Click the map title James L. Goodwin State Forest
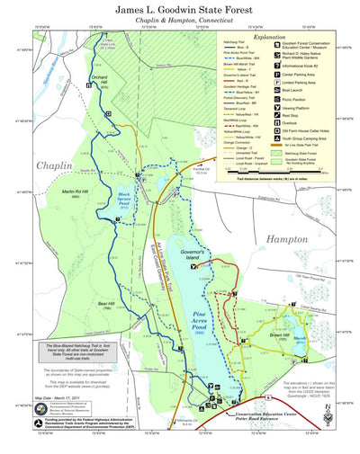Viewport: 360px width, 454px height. pos(180,10)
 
